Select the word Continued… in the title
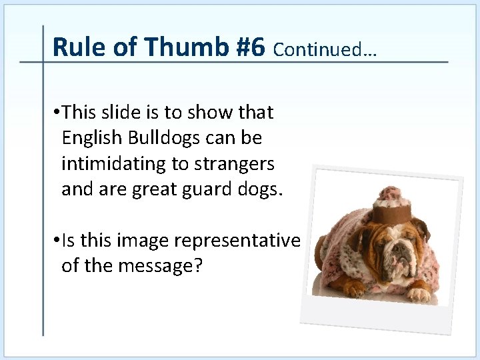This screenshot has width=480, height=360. click(325, 49)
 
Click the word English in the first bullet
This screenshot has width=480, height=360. click(89, 139)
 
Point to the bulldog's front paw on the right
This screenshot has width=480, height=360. click(419, 293)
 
